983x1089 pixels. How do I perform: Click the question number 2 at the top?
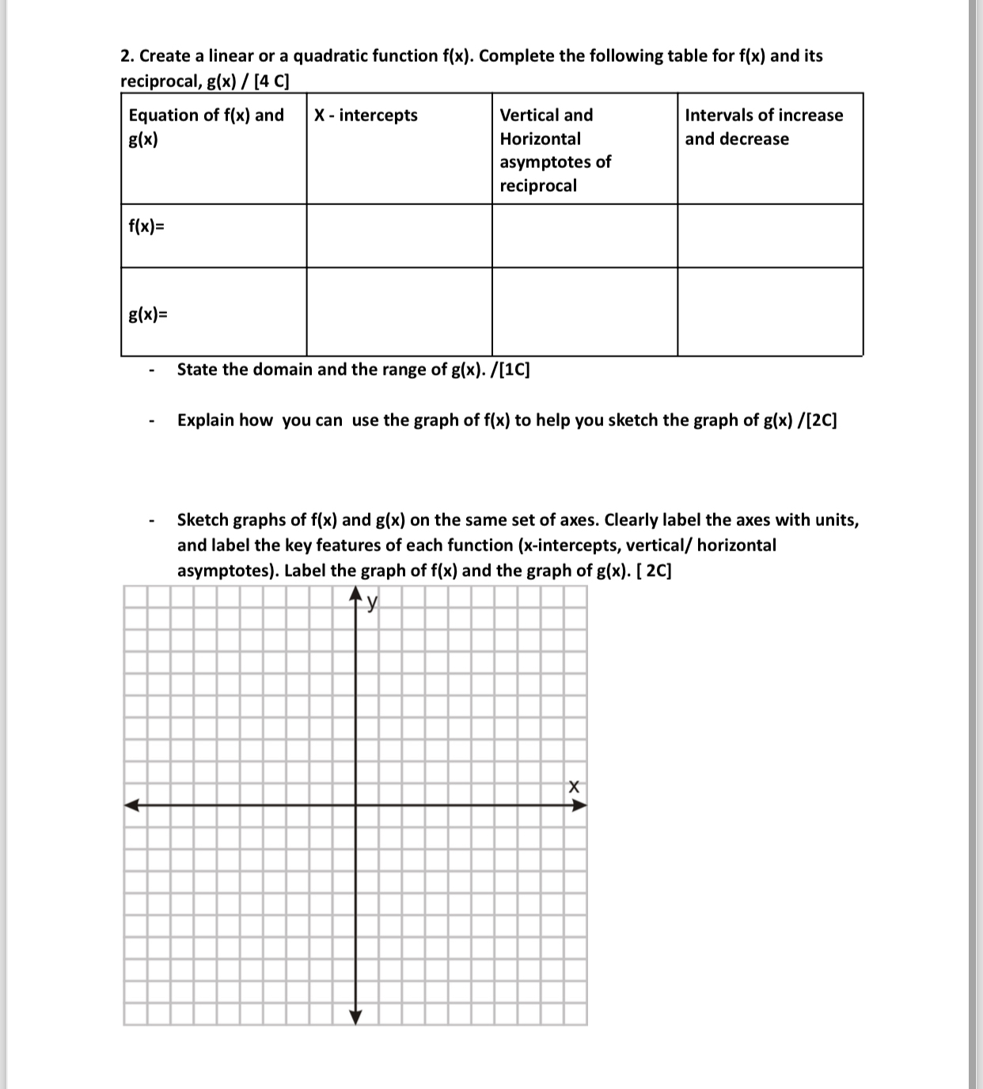126,56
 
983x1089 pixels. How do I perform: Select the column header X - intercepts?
366,116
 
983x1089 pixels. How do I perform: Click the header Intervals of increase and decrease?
763,127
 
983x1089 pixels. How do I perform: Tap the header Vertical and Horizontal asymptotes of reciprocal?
555,150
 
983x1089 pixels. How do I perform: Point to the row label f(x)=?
147,227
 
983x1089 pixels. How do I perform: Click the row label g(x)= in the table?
148,314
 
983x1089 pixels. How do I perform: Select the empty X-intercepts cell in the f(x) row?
399,236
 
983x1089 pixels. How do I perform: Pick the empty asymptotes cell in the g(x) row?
584,312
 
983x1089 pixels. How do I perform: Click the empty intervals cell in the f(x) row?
769,236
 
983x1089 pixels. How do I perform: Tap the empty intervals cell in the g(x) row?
769,312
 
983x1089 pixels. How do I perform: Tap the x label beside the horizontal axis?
574,787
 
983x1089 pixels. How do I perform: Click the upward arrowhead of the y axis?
355,595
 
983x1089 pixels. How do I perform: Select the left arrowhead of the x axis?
131,806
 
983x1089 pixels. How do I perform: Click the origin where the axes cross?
355,806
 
